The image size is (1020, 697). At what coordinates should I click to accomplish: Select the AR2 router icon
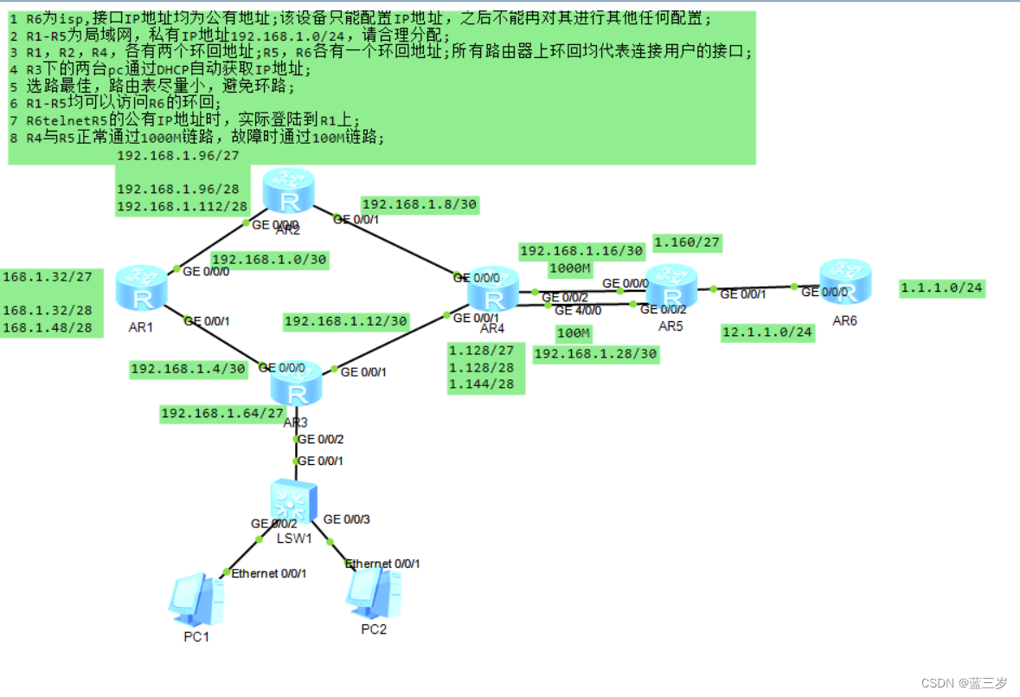pyautogui.click(x=288, y=191)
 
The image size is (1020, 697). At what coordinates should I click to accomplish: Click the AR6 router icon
pyautogui.click(x=844, y=280)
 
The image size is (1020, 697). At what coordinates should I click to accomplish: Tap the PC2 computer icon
pyautogui.click(x=373, y=592)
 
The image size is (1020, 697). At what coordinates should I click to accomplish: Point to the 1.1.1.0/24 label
pyautogui.click(x=942, y=287)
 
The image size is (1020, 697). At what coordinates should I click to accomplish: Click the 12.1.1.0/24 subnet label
pyautogui.click(x=767, y=332)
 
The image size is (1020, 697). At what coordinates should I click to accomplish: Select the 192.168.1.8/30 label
pyautogui.click(x=420, y=204)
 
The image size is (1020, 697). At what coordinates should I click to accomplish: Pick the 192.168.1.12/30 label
pyautogui.click(x=346, y=321)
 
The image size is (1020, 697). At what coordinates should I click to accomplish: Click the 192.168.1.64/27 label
pyautogui.click(x=222, y=413)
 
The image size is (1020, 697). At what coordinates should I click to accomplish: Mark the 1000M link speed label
pyautogui.click(x=570, y=268)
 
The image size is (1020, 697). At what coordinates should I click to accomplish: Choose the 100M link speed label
pyautogui.click(x=573, y=333)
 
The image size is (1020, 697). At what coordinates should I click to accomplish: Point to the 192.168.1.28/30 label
pyautogui.click(x=595, y=353)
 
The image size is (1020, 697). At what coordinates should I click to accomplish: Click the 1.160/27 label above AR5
pyautogui.click(x=687, y=242)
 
